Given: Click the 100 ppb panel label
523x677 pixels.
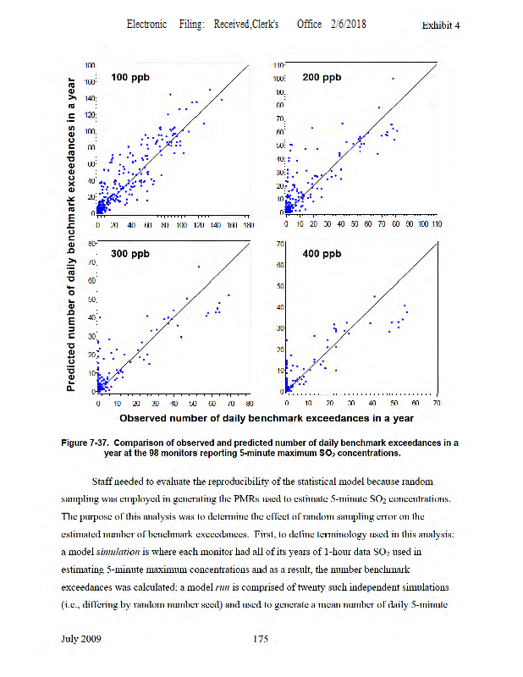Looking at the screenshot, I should (129, 78).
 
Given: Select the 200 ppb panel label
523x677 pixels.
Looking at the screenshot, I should (322, 78).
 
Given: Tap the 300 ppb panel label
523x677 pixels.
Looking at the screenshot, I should (129, 254).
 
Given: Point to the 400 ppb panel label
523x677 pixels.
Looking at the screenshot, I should (322, 254).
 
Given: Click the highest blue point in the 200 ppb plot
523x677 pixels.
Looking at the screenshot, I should (393, 79).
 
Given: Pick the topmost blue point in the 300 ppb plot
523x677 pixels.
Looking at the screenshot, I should (198, 267).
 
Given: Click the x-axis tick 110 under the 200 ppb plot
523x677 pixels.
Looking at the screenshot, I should (437, 225).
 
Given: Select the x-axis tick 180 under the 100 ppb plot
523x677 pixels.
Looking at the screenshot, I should (248, 225).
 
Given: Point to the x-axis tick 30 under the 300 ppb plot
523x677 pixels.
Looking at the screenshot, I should (156, 405).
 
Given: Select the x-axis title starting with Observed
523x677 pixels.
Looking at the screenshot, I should (266, 418).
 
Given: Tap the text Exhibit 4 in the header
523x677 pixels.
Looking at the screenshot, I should (440, 25).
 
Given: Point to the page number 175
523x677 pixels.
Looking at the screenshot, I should (261, 639).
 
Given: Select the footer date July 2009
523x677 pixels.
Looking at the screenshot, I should (82, 639).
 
